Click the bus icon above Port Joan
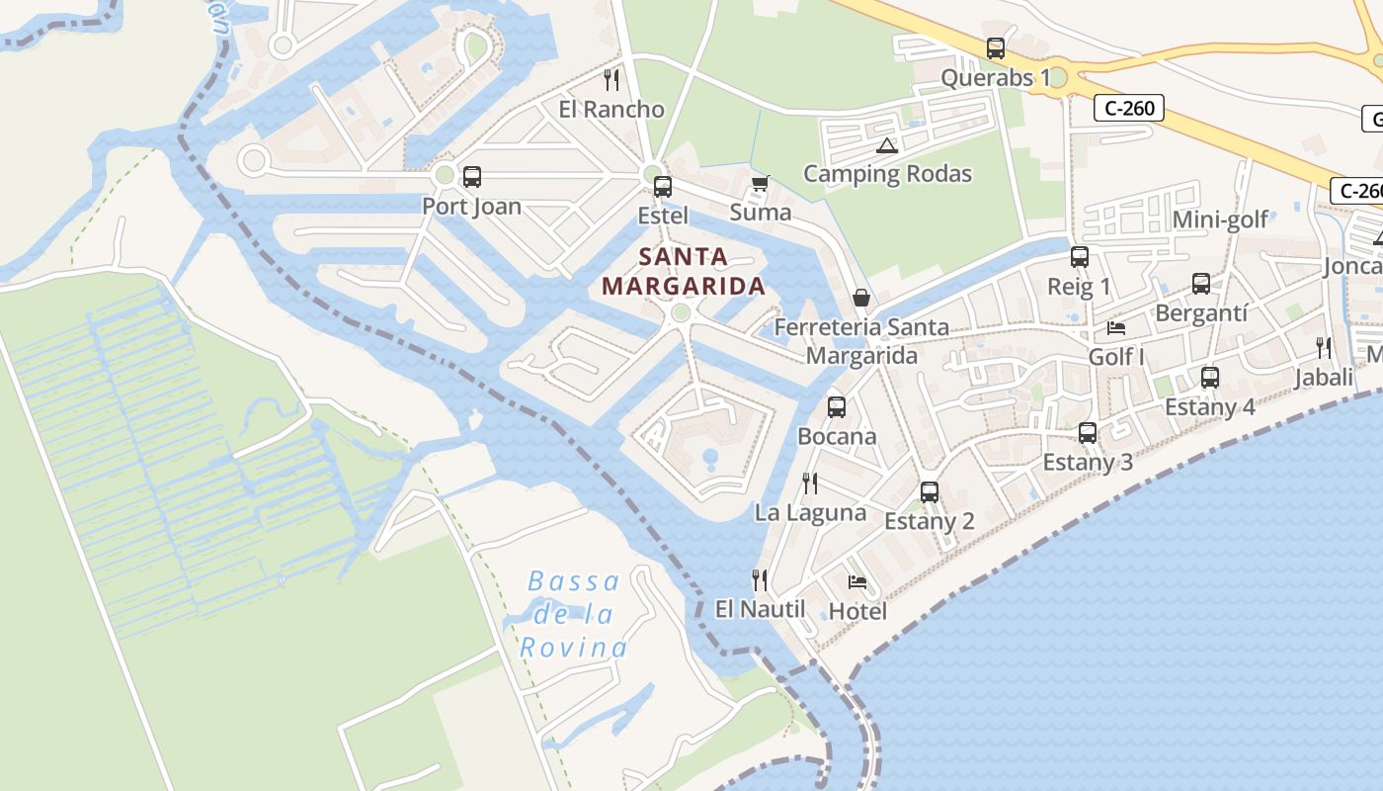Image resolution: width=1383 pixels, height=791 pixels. click(472, 177)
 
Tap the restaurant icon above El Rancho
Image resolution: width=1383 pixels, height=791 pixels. click(611, 79)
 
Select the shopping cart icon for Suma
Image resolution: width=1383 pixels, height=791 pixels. click(760, 183)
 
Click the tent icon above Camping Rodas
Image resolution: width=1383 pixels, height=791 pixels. click(886, 146)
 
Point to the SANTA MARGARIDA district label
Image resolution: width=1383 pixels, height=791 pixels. click(684, 272)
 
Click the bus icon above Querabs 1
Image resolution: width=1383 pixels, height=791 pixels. click(996, 47)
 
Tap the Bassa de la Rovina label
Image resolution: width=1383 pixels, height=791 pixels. click(574, 614)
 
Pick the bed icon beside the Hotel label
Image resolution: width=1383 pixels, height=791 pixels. click(857, 582)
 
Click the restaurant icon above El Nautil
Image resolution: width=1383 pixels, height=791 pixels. click(760, 579)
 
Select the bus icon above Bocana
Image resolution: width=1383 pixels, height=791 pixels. click(837, 406)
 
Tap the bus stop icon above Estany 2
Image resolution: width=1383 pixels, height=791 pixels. click(930, 491)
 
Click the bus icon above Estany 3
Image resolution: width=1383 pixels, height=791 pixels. click(1088, 432)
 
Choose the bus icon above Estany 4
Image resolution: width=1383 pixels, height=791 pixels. click(1210, 377)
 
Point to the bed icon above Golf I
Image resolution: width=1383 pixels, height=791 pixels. click(1116, 327)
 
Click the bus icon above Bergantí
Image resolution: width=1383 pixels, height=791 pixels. click(1201, 284)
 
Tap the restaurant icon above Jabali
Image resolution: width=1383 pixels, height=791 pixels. click(1323, 347)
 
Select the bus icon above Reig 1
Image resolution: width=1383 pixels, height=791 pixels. click(1080, 257)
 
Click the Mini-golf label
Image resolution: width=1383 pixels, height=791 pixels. click(1220, 220)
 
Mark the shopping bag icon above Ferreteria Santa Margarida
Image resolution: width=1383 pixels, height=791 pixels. click(861, 298)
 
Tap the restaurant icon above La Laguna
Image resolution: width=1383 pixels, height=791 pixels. click(810, 483)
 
